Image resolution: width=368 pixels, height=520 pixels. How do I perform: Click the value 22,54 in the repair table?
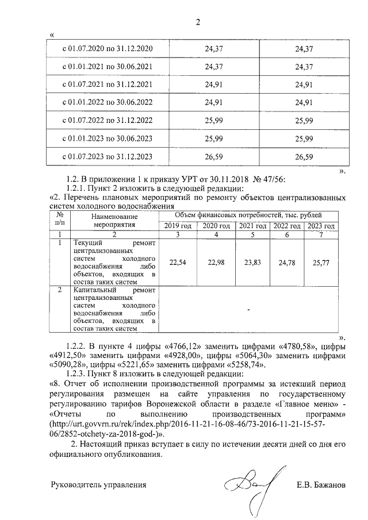178,262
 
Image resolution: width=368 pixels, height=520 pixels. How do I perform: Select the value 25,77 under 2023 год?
322,262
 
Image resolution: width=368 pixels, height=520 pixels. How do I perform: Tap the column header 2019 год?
178,226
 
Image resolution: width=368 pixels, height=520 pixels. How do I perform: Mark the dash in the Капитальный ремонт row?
248,310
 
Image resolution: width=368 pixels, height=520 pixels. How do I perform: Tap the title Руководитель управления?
99,485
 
